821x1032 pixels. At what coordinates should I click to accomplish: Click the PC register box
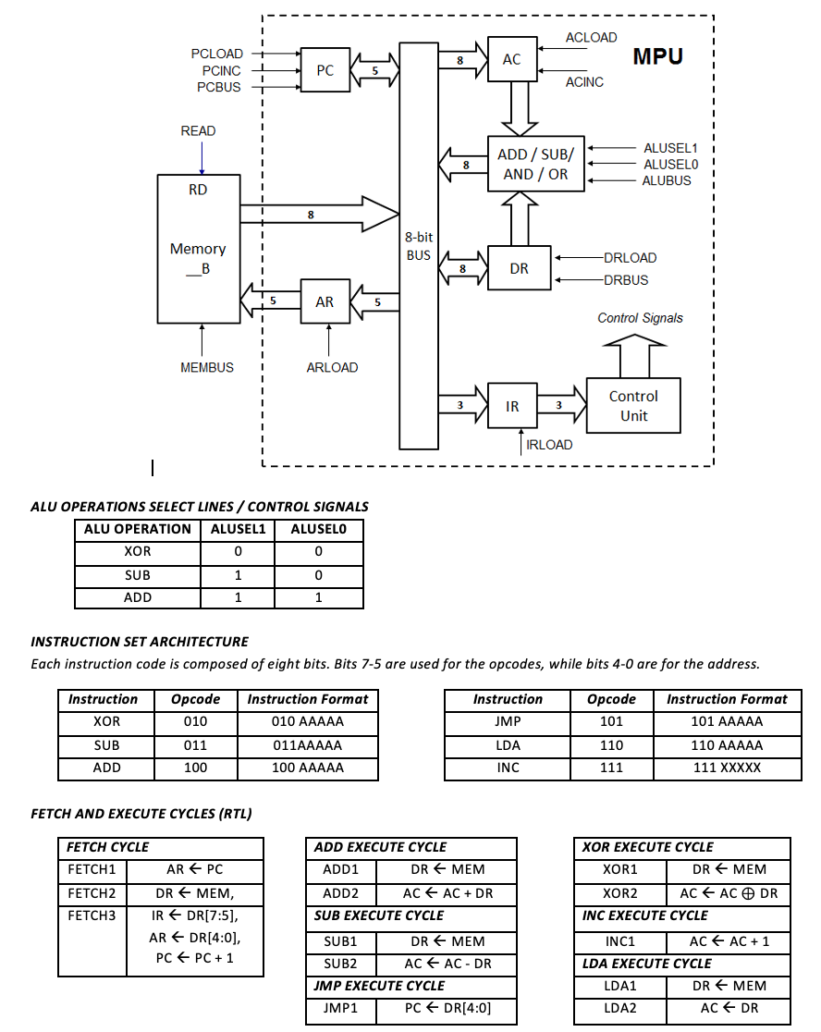(x=325, y=70)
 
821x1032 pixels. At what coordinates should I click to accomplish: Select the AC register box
(x=511, y=59)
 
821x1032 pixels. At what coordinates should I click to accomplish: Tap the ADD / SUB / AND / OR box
(x=535, y=165)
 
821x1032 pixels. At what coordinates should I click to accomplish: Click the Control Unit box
(x=633, y=406)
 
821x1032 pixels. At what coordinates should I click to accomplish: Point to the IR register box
(x=512, y=406)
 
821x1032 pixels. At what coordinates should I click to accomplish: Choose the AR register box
(x=325, y=301)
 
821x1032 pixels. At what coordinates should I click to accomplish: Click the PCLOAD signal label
(x=216, y=55)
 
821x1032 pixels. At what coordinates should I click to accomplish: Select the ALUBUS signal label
(x=667, y=181)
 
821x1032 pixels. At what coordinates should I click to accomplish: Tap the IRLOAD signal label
(x=549, y=445)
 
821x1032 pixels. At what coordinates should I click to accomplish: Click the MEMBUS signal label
(x=207, y=367)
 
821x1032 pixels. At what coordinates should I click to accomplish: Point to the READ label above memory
(x=198, y=131)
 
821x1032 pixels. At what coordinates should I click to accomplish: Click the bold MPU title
(x=658, y=56)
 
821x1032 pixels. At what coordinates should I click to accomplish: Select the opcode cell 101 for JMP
(x=611, y=721)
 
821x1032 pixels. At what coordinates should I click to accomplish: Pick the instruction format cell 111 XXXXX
(x=727, y=768)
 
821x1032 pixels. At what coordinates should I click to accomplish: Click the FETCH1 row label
(x=92, y=869)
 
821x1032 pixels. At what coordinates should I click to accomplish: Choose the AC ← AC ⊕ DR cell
(x=729, y=893)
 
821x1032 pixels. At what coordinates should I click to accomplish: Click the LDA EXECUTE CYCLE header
(x=647, y=963)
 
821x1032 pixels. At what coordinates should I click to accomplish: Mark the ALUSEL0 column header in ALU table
(x=318, y=529)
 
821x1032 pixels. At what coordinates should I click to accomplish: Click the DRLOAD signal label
(x=630, y=258)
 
